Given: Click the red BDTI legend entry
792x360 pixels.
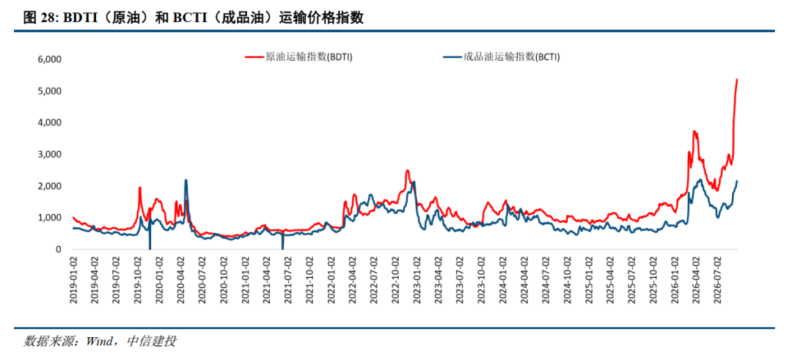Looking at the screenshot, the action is [298, 57].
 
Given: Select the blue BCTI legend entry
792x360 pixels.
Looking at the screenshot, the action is [500, 57].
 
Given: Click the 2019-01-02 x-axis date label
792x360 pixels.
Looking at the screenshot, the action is [74, 279].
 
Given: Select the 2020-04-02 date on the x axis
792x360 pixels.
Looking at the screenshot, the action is [180, 279].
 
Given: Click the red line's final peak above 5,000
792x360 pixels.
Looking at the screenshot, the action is [737, 79].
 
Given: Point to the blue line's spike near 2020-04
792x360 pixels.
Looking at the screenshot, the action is [186, 180].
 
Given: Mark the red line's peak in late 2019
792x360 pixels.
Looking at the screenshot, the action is [139, 187].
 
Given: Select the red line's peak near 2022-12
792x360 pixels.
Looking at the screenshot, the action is [407, 170].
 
